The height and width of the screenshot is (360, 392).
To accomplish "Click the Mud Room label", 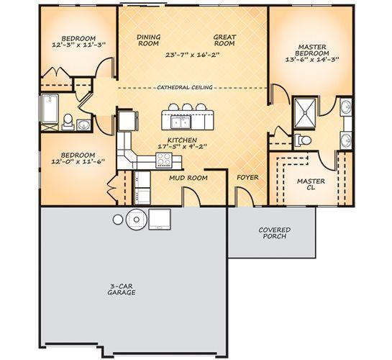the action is click(x=188, y=178).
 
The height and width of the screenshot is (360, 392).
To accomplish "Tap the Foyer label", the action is click(x=247, y=177).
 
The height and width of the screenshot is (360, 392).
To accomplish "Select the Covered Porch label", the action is click(x=275, y=233).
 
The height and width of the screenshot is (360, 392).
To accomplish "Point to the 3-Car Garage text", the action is click(x=122, y=289).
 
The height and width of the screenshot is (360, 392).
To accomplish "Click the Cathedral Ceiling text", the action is click(x=185, y=87).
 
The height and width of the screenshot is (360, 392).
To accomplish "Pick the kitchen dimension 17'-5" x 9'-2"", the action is click(x=183, y=146).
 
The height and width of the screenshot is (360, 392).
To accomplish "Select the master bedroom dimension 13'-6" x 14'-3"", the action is click(x=312, y=60).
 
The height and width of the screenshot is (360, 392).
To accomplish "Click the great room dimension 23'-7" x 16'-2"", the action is click(x=193, y=55).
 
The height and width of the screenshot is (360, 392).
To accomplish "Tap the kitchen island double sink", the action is click(x=181, y=122).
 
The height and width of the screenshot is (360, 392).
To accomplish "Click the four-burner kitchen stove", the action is click(x=164, y=160).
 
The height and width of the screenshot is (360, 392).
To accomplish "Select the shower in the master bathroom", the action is click(x=305, y=113).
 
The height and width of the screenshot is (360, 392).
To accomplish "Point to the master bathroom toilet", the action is click(x=303, y=140).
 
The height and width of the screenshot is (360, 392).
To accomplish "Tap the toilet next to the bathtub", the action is click(x=68, y=122).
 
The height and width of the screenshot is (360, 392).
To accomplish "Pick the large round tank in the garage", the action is click(x=136, y=220).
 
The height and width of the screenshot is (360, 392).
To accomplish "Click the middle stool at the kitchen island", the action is click(x=187, y=107).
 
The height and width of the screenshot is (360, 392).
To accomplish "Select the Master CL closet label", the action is click(x=311, y=184).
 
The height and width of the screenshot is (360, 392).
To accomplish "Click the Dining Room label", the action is click(x=148, y=40).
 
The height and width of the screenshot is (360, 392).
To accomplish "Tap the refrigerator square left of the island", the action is click(x=127, y=121).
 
